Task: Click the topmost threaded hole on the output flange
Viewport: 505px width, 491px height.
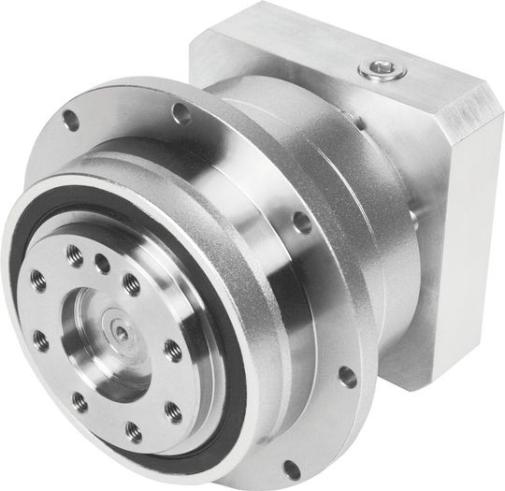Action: tap(74, 252)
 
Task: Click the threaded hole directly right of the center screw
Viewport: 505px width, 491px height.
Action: tap(172, 351)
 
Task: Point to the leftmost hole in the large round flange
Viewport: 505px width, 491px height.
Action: tap(69, 119)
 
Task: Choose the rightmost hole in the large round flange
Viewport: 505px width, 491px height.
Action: tap(347, 377)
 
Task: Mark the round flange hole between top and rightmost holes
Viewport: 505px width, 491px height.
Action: tap(301, 223)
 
